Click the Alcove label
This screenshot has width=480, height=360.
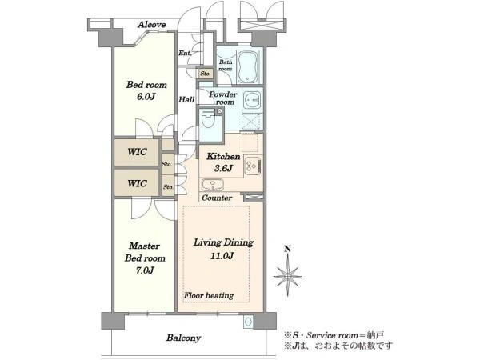coord(151,25)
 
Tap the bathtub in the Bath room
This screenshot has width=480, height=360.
coord(248,67)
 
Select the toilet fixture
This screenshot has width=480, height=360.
coord(210,121)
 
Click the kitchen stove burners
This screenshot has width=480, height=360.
coord(253,166)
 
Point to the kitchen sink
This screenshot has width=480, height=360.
coord(213,185)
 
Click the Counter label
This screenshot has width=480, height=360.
coord(217,198)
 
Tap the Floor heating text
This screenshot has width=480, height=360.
coord(209,295)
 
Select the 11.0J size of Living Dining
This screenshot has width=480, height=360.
coord(222,256)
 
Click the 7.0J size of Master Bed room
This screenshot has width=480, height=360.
coord(145,270)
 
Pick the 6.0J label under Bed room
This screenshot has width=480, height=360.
coord(146,97)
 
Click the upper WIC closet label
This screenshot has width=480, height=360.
coord(137,152)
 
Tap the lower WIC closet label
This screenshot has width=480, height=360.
coord(137,183)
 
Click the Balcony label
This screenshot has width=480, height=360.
coord(184,338)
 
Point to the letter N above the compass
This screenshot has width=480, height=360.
coord(287,249)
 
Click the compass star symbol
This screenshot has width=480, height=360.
coord(287,276)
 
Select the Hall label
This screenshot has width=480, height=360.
coord(186,99)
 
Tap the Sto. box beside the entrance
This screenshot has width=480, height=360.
coord(205,74)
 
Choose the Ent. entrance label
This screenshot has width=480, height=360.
coord(185,54)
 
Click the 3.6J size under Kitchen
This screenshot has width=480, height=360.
coord(223,168)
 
